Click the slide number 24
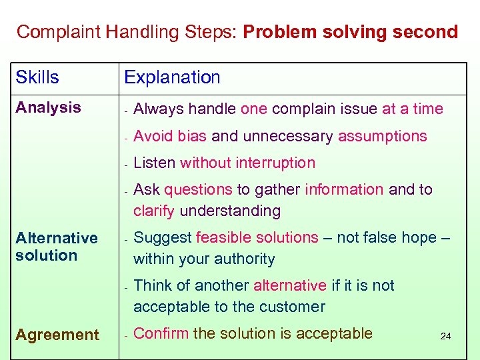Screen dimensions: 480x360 pos(445,337)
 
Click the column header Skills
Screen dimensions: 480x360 pos(37,77)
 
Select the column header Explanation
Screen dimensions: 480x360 pos(172,77)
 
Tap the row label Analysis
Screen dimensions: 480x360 pos(48,107)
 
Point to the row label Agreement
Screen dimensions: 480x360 pos(57,335)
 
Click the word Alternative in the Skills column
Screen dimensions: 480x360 pos(57,238)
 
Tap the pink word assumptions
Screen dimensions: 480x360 pos(382,136)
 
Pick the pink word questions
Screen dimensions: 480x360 pos(198,189)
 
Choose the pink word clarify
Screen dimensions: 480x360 pos(153,211)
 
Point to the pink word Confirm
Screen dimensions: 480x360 pos(161,333)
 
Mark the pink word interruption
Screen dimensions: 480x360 pos(273,163)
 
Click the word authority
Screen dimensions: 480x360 pos(241,259)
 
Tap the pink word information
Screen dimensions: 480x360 pos(344,189)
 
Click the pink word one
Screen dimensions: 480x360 pos(253,109)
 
